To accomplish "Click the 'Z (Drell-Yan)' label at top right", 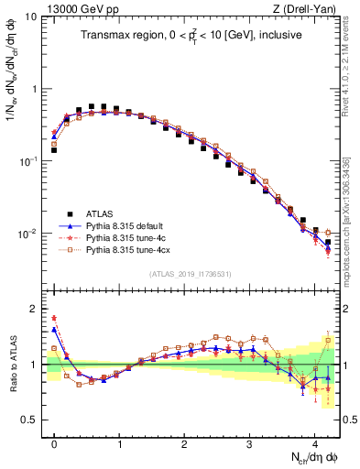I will click(x=309, y=7).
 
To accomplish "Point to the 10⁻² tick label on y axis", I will click(x=27, y=234).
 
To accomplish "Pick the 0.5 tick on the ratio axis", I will click(x=29, y=420).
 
